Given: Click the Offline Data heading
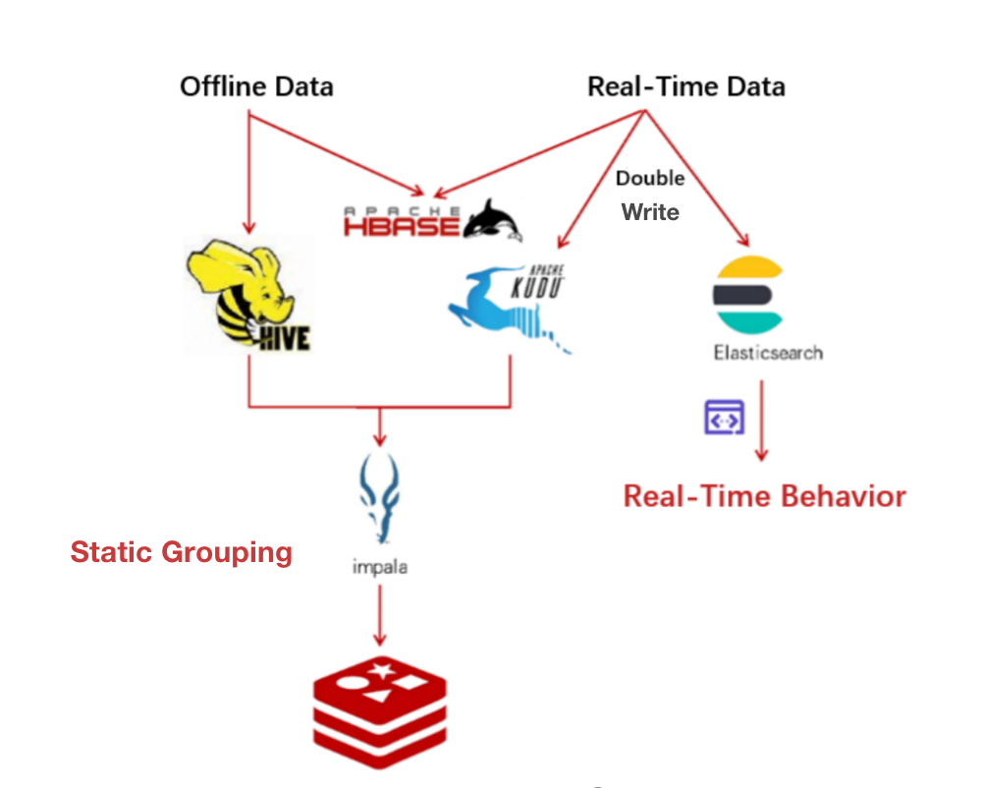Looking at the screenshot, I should click(x=256, y=86).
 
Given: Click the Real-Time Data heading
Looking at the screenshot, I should click(x=685, y=86).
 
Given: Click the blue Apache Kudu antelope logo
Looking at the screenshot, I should click(x=508, y=304).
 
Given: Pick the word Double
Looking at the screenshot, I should click(x=650, y=179).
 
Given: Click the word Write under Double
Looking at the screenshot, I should click(x=650, y=211).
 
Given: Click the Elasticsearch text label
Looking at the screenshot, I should click(x=768, y=352).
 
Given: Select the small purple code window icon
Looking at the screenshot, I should click(x=725, y=418).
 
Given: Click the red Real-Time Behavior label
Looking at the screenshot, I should click(x=764, y=495).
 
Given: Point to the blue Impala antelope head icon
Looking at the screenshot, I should click(x=380, y=496).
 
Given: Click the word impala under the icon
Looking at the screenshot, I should click(x=379, y=568).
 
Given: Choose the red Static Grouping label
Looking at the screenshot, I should click(x=182, y=552).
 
